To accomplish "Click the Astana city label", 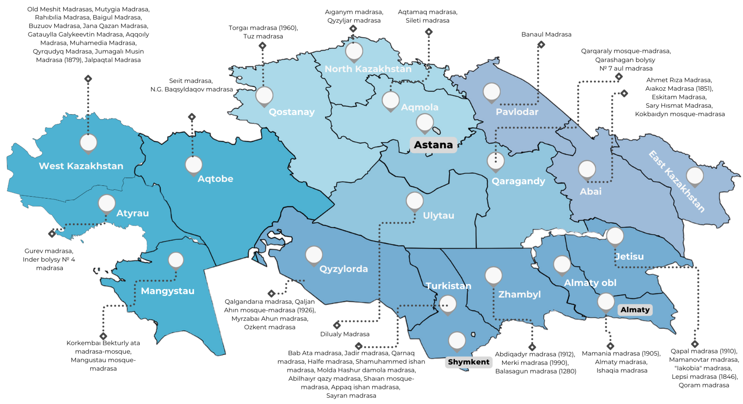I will (x=433, y=145).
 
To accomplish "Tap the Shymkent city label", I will (x=468, y=362).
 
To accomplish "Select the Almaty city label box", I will (x=635, y=310).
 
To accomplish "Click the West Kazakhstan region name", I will (x=81, y=166).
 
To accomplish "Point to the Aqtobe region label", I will (x=215, y=179).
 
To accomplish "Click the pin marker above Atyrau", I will (x=107, y=203).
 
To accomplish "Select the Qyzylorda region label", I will (x=343, y=269).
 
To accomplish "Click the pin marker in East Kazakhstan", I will (x=695, y=176).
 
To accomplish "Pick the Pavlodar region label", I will (x=517, y=112).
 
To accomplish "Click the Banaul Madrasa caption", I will (x=546, y=34).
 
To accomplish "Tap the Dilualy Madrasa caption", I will (x=345, y=334).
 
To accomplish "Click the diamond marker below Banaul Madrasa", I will (x=541, y=45).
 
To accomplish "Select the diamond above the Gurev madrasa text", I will (x=52, y=234).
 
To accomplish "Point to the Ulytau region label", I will (x=438, y=216).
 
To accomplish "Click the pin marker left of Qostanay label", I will (x=264, y=96).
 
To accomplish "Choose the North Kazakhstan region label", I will (x=368, y=69).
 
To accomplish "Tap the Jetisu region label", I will (x=629, y=256).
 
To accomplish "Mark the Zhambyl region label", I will (x=519, y=295).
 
